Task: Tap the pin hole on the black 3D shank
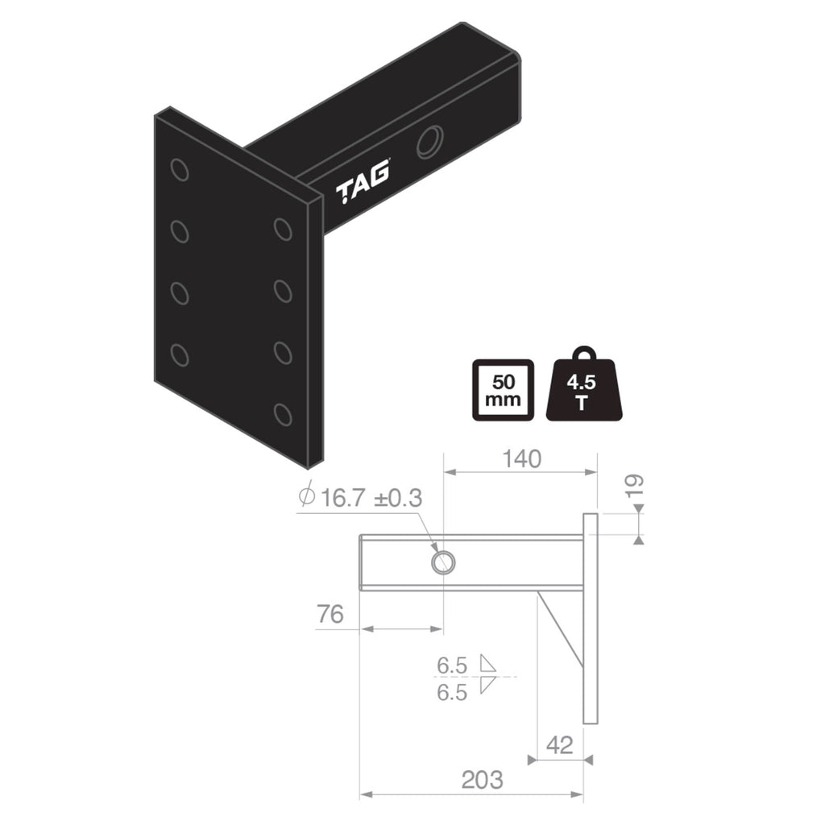pyautogui.click(x=429, y=141)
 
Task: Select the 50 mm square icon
pyautogui.click(x=502, y=389)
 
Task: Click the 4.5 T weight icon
pyautogui.click(x=584, y=391)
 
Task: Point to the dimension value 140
pyautogui.click(x=520, y=458)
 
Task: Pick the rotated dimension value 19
pyautogui.click(x=636, y=486)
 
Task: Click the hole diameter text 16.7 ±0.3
pyautogui.click(x=371, y=497)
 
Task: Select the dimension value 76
pyautogui.click(x=329, y=614)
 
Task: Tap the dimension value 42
pyautogui.click(x=559, y=744)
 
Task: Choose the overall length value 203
pyautogui.click(x=482, y=779)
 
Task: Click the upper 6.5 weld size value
pyautogui.click(x=452, y=665)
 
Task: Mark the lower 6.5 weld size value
pyautogui.click(x=452, y=692)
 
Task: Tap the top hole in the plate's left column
pyautogui.click(x=180, y=170)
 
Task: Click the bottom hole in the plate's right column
pyautogui.click(x=282, y=414)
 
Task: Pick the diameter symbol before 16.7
pyautogui.click(x=306, y=496)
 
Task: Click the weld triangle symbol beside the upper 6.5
pyautogui.click(x=487, y=664)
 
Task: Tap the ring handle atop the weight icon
pyautogui.click(x=584, y=355)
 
